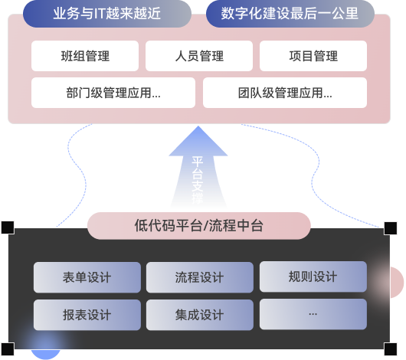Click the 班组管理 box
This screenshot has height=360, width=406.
click(85, 56)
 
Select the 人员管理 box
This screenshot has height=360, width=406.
click(199, 56)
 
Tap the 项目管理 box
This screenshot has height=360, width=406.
click(313, 56)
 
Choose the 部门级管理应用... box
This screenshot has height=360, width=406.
click(113, 93)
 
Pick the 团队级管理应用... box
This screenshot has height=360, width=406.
click(285, 93)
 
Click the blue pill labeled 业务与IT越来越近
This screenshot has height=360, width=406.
click(107, 14)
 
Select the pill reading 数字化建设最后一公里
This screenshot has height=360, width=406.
click(290, 14)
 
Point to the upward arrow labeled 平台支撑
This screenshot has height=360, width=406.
click(198, 167)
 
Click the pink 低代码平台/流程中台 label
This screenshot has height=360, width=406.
click(199, 226)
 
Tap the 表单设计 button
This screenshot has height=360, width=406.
click(87, 277)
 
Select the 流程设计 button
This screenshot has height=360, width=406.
click(200, 277)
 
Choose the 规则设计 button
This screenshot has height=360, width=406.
click(313, 277)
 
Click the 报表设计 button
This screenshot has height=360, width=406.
click(87, 315)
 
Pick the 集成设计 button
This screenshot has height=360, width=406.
click(200, 315)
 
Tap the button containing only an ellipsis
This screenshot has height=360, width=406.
click(313, 314)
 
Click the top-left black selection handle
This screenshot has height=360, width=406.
click(8, 227)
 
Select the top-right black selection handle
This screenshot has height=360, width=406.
click(391, 228)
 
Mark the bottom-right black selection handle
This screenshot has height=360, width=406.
click(391, 349)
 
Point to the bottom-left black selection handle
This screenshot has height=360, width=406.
click(8, 349)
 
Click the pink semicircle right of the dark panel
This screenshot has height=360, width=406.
click(397, 282)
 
